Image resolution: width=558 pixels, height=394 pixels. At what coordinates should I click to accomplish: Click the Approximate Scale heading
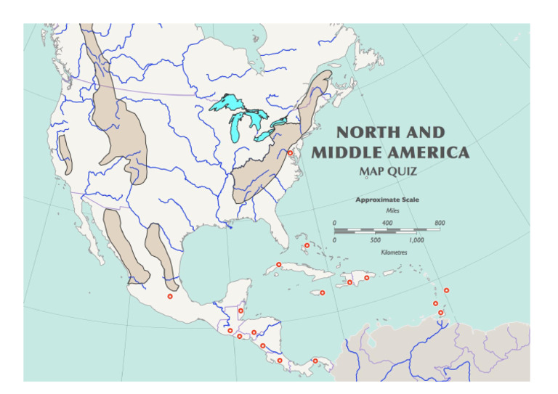tap(387, 200)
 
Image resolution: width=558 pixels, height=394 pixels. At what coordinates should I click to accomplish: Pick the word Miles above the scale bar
tap(387, 210)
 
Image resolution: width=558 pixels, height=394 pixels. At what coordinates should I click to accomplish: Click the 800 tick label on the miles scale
tap(440, 222)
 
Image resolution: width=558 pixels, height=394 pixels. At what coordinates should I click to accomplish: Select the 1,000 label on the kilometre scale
tap(416, 240)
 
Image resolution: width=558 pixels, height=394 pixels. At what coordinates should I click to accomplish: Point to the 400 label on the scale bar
tap(387, 222)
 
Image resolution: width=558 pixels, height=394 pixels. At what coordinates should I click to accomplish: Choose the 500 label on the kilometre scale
tap(375, 240)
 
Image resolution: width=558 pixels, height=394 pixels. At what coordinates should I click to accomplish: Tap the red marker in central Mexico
tap(170, 296)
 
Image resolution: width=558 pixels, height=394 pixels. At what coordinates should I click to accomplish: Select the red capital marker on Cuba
tap(278, 264)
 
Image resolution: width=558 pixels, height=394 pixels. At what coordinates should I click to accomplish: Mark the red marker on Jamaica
tap(322, 293)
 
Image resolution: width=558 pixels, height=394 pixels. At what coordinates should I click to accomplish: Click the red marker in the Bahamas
tap(307, 245)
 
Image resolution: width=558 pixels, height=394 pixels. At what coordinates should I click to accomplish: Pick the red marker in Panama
tap(315, 361)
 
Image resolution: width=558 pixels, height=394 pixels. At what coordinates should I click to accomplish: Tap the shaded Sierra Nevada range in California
tap(66, 154)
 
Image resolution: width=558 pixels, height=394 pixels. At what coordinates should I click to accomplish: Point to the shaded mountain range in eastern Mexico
tap(158, 250)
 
